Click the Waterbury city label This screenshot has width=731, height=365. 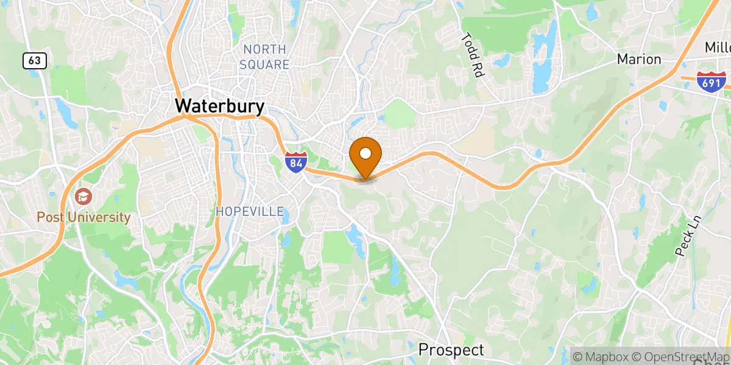pos(220,106)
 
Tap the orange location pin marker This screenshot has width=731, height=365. pos(365,157)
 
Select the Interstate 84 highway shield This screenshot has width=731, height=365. pos(295,161)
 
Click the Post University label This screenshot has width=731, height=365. pos(83,217)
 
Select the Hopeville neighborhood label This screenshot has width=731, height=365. pos(250,212)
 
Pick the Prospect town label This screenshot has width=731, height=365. pos(451,350)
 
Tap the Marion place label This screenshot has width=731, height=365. pos(639,59)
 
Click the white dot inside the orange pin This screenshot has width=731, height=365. pos(365,153)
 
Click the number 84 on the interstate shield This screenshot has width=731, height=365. pos(295,163)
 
